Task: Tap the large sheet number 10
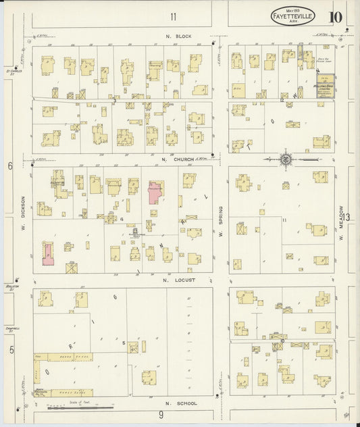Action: click(x=336, y=17)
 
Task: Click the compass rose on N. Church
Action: click(x=285, y=159)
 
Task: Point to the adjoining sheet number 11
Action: click(x=173, y=17)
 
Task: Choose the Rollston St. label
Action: click(x=11, y=286)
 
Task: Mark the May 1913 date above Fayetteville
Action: click(x=292, y=8)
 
